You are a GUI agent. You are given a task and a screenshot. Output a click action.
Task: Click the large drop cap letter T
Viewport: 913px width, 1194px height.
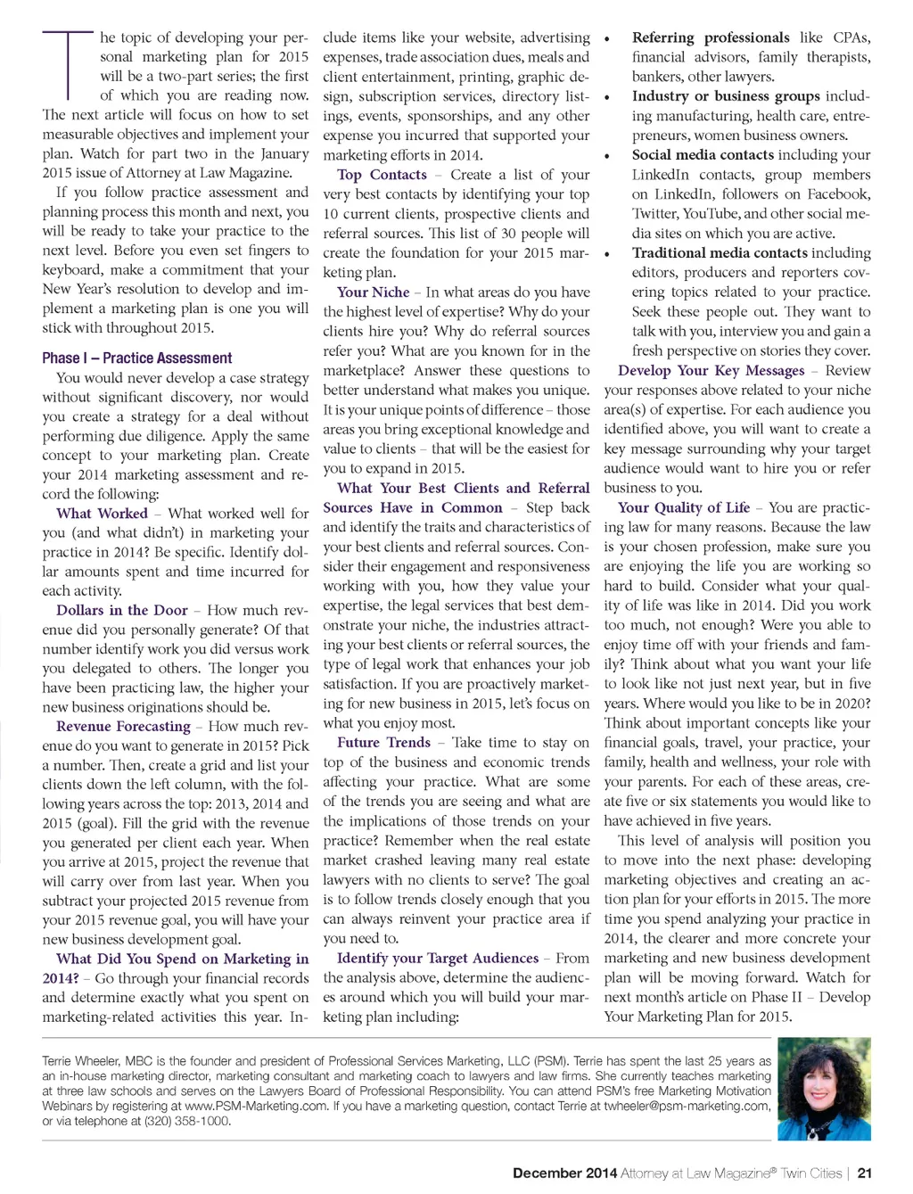pyautogui.click(x=67, y=64)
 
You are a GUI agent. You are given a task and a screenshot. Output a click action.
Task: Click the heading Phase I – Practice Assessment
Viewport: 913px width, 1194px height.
pyautogui.click(x=136, y=358)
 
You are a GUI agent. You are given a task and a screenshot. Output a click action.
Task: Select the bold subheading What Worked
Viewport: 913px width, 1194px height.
pyautogui.click(x=102, y=514)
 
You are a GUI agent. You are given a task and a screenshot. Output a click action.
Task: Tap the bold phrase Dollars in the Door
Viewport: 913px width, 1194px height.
pyautogui.click(x=122, y=611)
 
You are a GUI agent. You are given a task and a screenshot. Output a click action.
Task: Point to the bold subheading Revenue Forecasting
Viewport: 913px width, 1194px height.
pyautogui.click(x=123, y=727)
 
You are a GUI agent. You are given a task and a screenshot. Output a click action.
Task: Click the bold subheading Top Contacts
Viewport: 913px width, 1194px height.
pyautogui.click(x=382, y=176)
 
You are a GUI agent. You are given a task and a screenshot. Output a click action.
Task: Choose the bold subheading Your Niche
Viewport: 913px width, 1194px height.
pyautogui.click(x=373, y=292)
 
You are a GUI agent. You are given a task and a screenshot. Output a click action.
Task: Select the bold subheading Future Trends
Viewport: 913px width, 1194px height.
pyautogui.click(x=383, y=743)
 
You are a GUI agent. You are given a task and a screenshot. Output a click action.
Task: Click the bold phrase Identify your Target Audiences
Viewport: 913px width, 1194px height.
pyautogui.click(x=438, y=959)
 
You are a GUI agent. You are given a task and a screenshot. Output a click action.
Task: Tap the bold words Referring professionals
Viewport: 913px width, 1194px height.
pyautogui.click(x=711, y=38)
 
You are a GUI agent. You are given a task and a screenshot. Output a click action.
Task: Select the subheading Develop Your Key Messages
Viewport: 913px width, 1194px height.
pyautogui.click(x=711, y=371)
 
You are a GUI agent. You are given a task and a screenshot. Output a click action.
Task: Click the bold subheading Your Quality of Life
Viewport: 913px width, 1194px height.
pyautogui.click(x=684, y=508)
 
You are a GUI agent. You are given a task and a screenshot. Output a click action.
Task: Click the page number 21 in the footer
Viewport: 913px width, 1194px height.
pyautogui.click(x=864, y=1173)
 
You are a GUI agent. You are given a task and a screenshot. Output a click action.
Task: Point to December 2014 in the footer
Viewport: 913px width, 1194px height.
pyautogui.click(x=564, y=1173)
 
